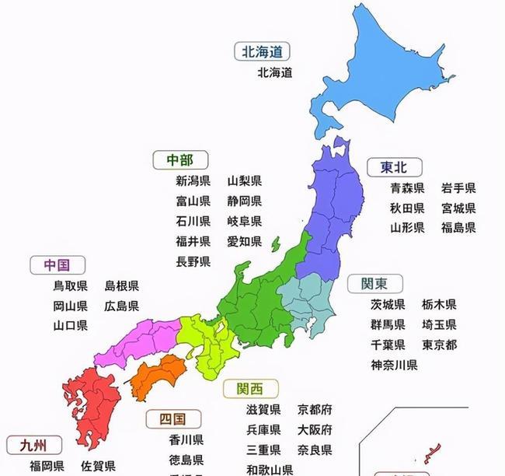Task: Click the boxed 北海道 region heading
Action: click(x=263, y=52)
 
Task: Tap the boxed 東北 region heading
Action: click(x=394, y=166)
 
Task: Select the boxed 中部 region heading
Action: click(x=179, y=160)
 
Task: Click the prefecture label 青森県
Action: click(x=407, y=188)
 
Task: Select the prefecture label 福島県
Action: click(x=458, y=228)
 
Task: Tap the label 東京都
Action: click(x=440, y=345)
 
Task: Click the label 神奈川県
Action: click(x=394, y=365)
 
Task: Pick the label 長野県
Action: click(x=193, y=261)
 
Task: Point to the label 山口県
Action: click(x=70, y=325)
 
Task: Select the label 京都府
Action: click(x=315, y=409)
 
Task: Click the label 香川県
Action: click(x=186, y=439)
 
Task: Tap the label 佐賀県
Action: click(x=98, y=467)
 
